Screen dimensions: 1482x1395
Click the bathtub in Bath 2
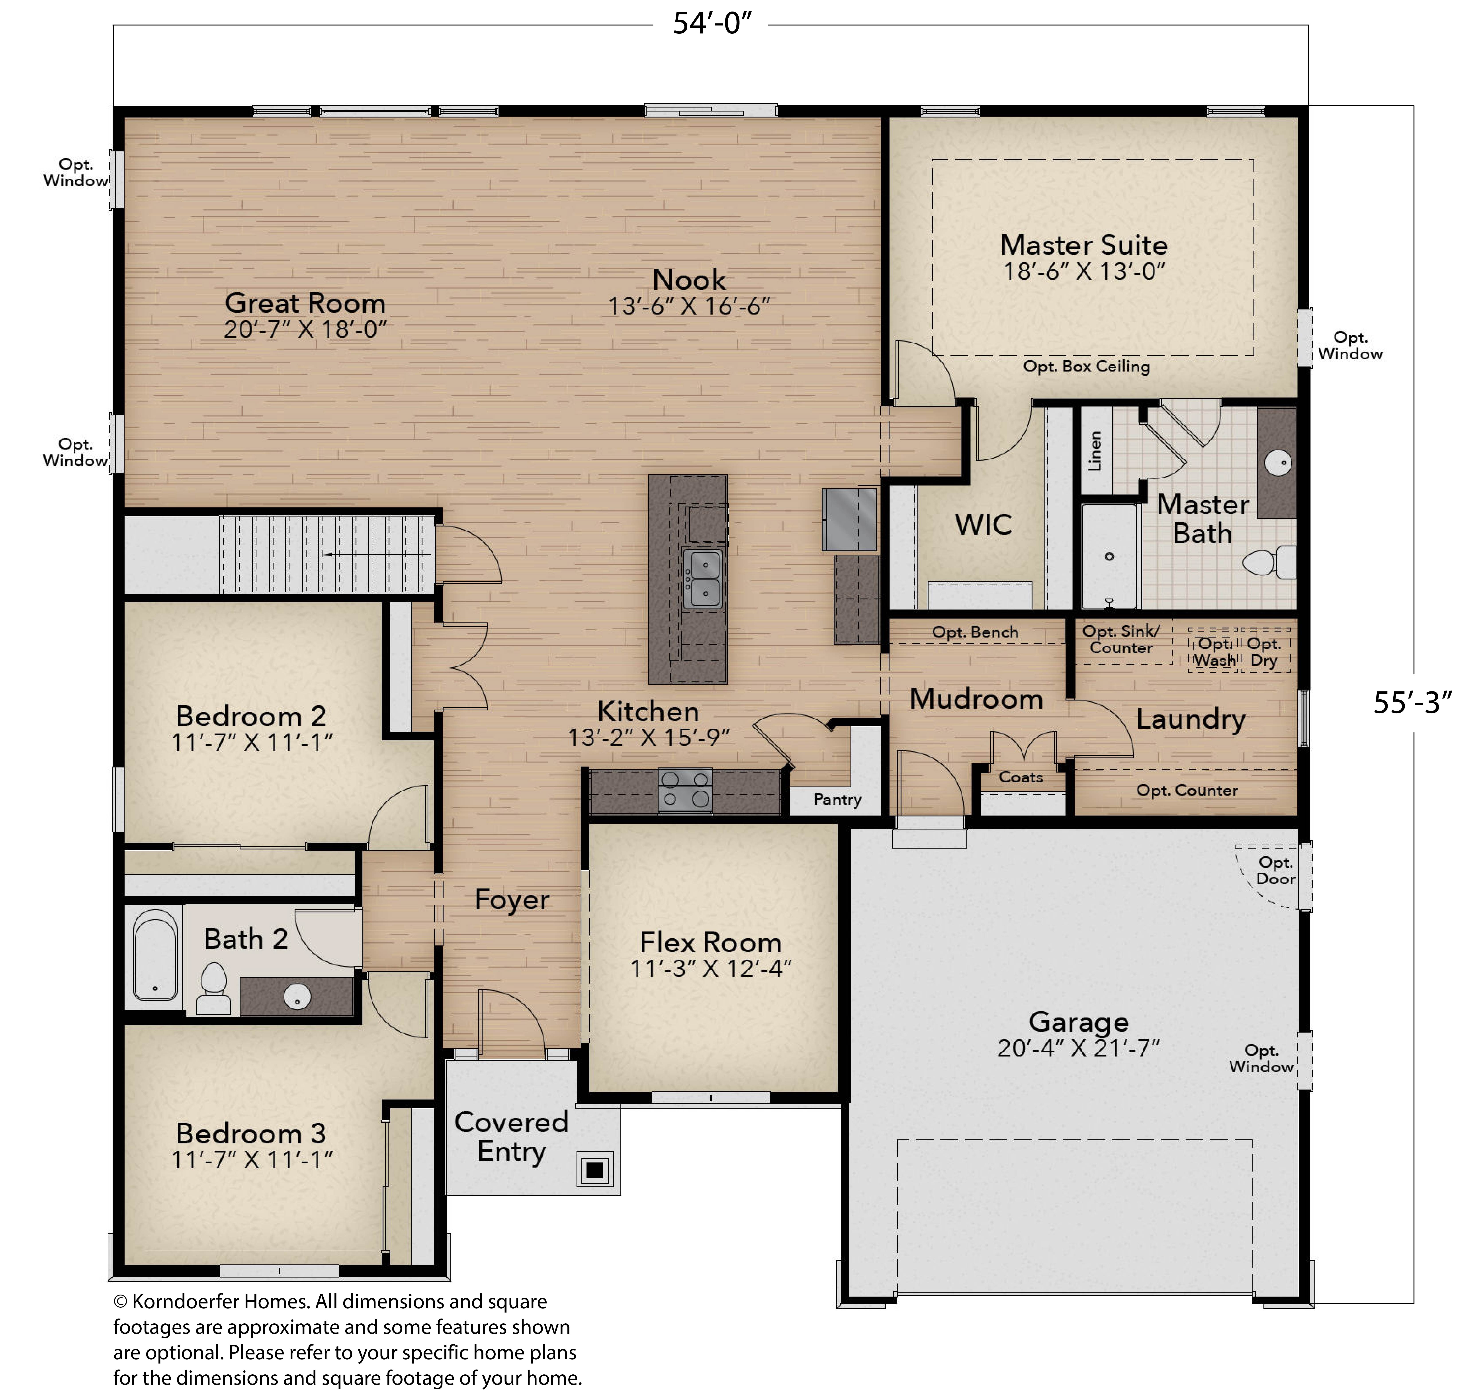[x=155, y=955]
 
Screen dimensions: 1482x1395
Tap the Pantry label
[x=837, y=799]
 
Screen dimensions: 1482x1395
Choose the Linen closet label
[x=1094, y=451]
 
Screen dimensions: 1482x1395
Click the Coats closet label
[x=1021, y=777]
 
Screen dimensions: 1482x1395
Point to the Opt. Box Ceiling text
[x=1086, y=366]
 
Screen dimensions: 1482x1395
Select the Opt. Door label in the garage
[x=1275, y=870]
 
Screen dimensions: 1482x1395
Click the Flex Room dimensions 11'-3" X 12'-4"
[x=710, y=968]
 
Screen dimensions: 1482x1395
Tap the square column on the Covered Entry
[x=594, y=1170]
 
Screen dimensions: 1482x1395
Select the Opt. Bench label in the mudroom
[x=975, y=632]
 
